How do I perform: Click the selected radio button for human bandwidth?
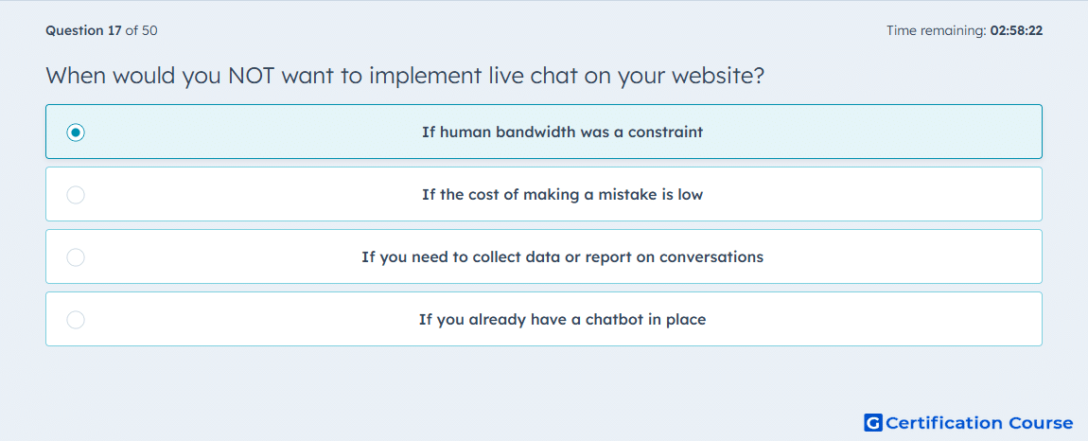tap(76, 132)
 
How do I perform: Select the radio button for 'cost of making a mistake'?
tap(76, 195)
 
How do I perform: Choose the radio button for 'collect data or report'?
tap(76, 257)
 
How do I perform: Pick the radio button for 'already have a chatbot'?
tap(76, 320)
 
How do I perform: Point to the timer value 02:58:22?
tap(1016, 30)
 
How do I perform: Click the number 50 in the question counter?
tap(149, 30)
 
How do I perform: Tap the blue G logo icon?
tap(873, 422)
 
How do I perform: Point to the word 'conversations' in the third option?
tap(711, 257)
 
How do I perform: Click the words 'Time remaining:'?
tap(937, 30)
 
